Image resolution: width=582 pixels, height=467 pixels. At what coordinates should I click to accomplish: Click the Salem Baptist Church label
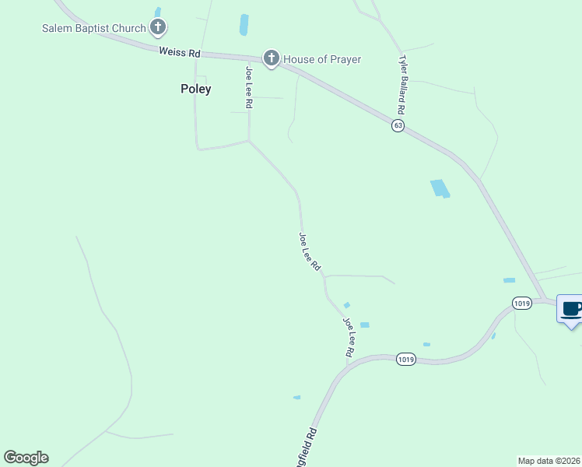(x=93, y=29)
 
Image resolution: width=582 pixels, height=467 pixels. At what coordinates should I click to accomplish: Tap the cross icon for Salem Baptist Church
(x=158, y=29)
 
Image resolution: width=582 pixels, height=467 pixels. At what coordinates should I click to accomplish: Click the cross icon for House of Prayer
(x=271, y=58)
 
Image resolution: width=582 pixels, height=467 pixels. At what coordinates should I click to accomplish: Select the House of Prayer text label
(x=322, y=59)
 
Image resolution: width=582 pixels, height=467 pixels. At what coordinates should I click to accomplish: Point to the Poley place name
(x=196, y=89)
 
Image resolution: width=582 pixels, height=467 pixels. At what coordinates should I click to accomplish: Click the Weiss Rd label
(x=180, y=53)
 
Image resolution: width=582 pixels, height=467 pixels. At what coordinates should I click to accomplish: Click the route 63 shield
(x=398, y=125)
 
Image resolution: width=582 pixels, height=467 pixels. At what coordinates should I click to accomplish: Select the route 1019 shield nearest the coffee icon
(x=522, y=302)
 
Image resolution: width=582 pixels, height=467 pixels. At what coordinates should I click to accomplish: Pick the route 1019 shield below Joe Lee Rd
(x=405, y=359)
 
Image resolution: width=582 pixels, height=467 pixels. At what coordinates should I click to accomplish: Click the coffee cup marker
(x=572, y=309)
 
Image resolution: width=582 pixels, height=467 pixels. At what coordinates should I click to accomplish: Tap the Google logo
(x=26, y=458)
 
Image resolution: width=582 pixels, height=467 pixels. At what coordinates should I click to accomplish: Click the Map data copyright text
(x=549, y=461)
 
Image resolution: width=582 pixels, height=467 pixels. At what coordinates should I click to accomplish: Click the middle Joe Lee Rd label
(x=310, y=251)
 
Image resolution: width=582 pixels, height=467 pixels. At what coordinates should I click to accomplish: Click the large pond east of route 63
(x=440, y=188)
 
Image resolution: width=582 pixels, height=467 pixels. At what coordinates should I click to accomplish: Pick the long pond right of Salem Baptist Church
(x=244, y=25)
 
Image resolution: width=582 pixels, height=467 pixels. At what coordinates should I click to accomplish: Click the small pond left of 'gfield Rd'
(x=296, y=398)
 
